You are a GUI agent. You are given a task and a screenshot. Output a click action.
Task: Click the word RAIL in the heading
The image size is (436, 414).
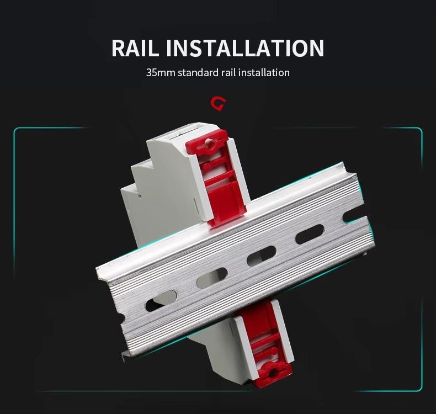(135, 48)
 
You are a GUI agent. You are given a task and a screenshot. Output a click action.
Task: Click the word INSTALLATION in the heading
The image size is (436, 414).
(245, 48)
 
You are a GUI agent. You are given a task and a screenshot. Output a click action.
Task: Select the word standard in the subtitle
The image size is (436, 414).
(198, 72)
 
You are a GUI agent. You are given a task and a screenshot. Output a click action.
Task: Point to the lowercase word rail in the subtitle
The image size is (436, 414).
(229, 72)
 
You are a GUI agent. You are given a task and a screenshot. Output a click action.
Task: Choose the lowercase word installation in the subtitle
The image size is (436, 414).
(264, 72)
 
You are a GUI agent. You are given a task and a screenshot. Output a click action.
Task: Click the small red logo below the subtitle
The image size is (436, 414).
(219, 104)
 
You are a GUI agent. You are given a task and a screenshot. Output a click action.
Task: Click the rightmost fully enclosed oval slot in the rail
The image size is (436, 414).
(310, 235)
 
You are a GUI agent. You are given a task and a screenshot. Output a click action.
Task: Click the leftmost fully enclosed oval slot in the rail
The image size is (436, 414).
(161, 300)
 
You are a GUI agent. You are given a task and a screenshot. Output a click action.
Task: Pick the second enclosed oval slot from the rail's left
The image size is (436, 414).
(212, 278)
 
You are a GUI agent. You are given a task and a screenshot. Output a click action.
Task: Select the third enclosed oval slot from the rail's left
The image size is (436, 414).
(261, 256)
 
